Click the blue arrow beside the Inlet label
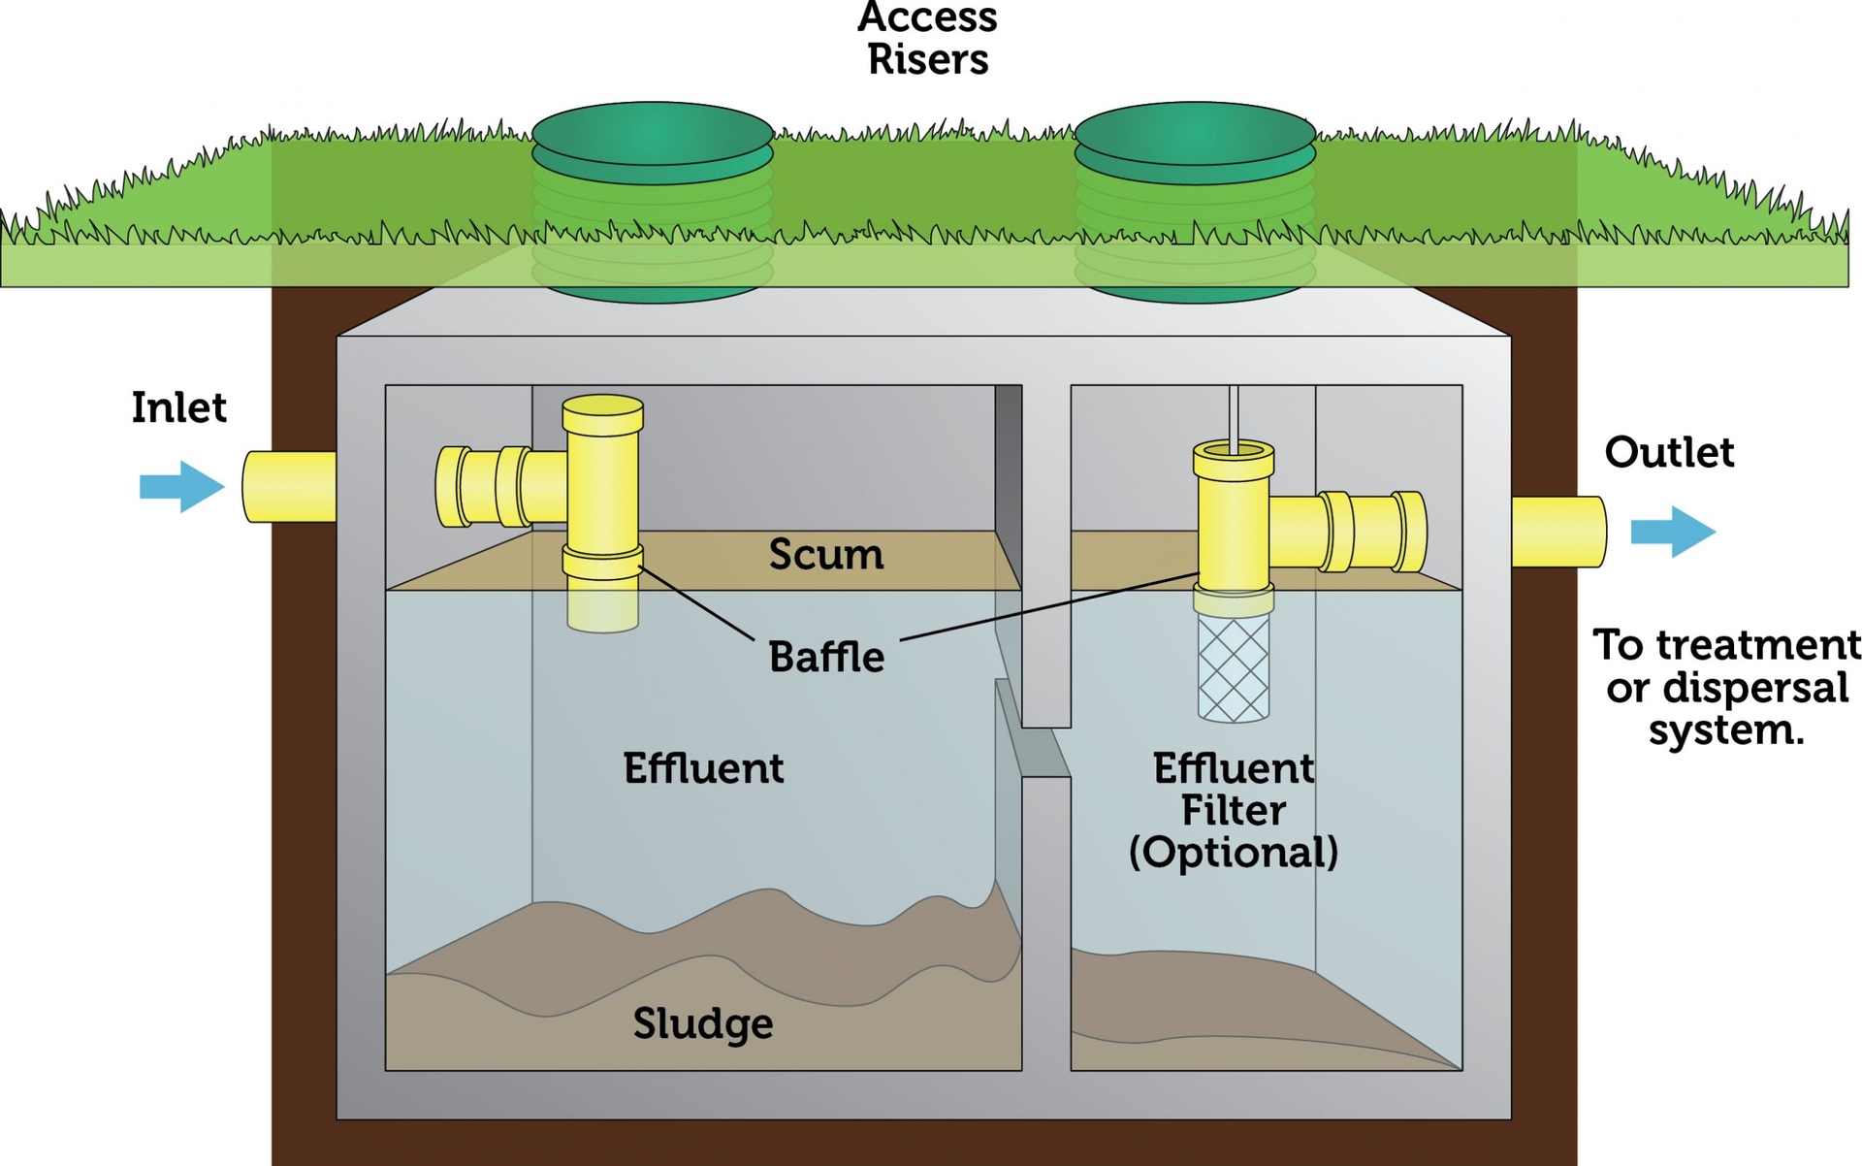(182, 486)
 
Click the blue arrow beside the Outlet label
(1673, 532)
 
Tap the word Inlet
(178, 407)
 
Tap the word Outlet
(1668, 452)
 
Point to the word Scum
(825, 555)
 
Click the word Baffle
(825, 658)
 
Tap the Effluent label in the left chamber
(702, 768)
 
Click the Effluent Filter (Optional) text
(1233, 811)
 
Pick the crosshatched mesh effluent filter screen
(1233, 669)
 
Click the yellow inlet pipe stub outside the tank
(289, 487)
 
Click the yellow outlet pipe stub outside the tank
(1557, 532)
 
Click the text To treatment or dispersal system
(1726, 687)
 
